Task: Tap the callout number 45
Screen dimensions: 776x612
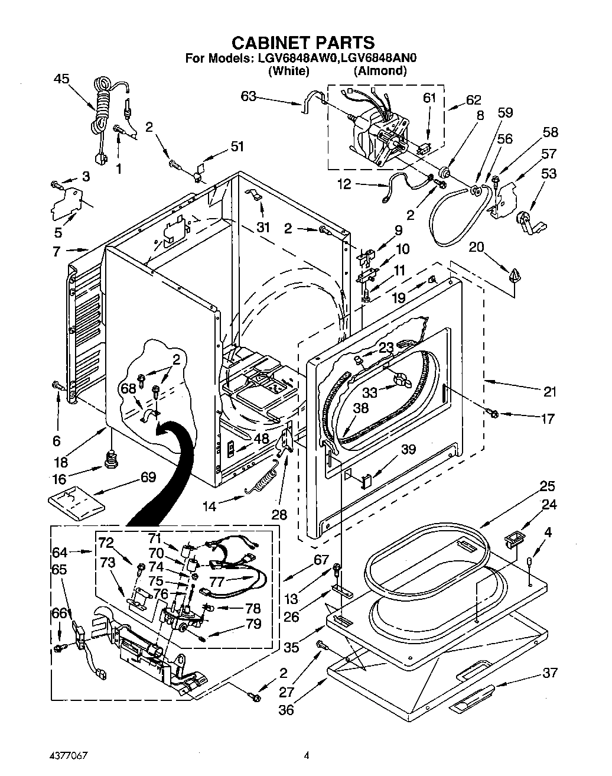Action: [x=61, y=78]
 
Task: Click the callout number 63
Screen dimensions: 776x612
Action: [x=249, y=96]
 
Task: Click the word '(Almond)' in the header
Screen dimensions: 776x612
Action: [x=380, y=71]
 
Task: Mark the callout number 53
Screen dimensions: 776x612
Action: [x=549, y=173]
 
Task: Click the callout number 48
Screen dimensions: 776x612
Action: [x=261, y=439]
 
